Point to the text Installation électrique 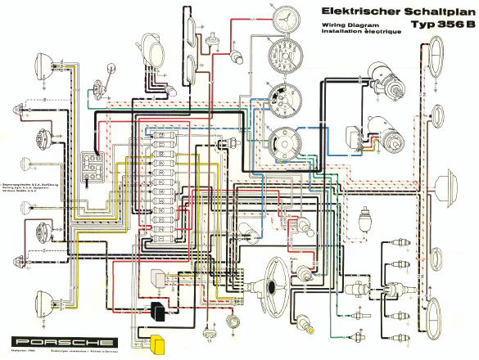(x=337, y=32)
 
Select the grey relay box (x=156, y=278)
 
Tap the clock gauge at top (x=284, y=20)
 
